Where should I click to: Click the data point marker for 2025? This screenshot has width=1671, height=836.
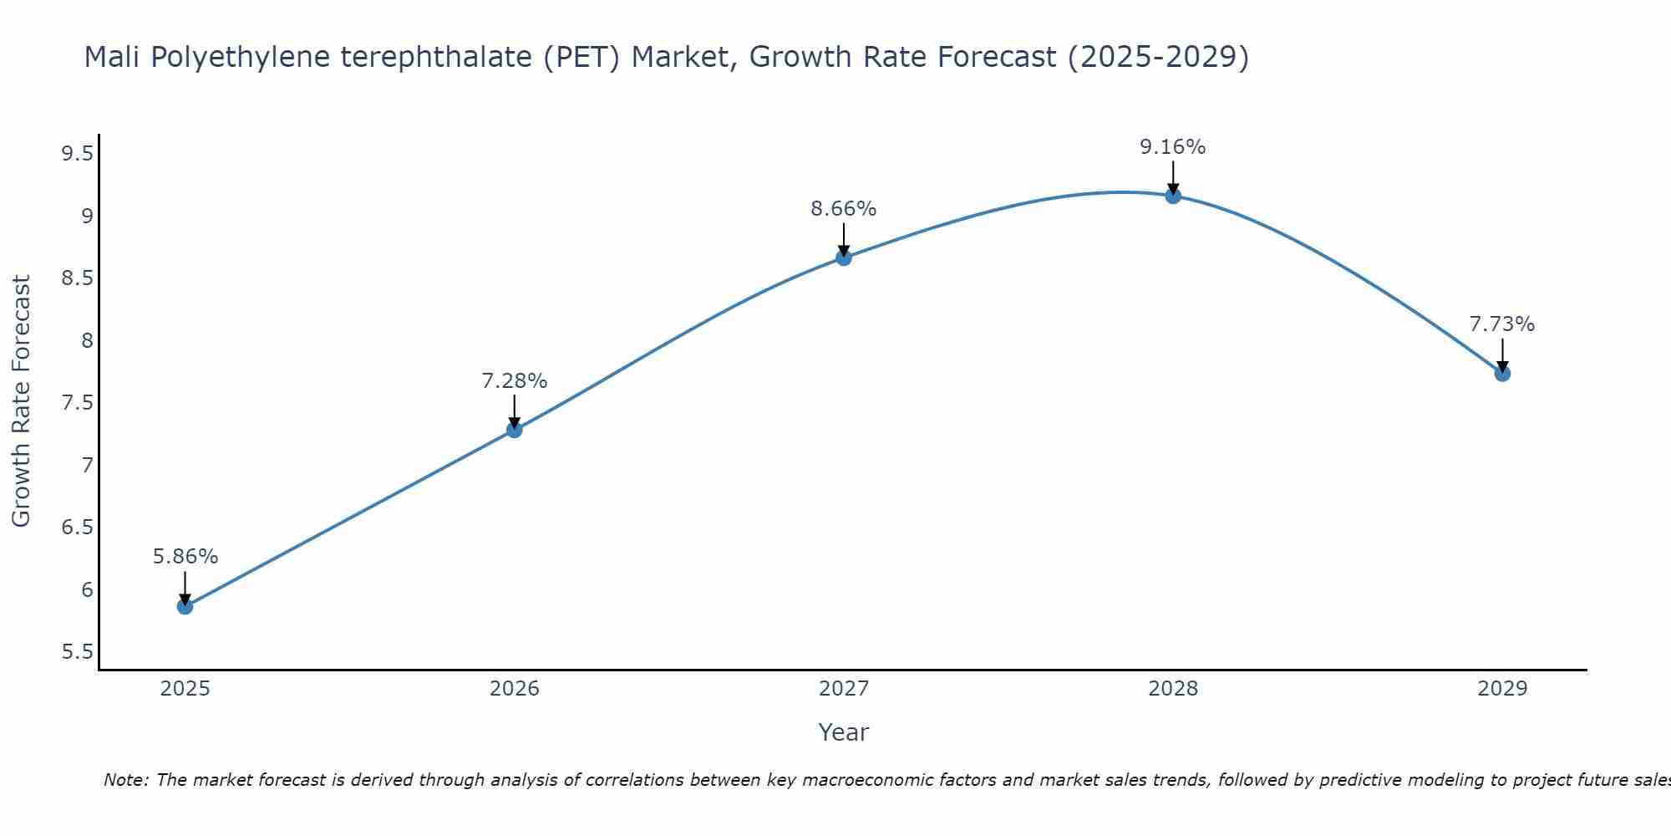tap(185, 606)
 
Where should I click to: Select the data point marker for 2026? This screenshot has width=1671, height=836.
tap(514, 430)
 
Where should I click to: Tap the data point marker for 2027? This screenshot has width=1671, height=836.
tap(843, 257)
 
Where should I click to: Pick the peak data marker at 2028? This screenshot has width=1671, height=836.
tap(1172, 196)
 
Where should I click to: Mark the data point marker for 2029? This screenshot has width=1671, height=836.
tap(1501, 373)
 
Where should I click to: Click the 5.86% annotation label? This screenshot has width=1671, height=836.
tap(185, 557)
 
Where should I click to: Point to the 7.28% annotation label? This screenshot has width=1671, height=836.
tap(514, 381)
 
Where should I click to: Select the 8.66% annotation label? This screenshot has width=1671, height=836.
tap(843, 209)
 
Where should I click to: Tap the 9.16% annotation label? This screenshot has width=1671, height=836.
tap(1172, 147)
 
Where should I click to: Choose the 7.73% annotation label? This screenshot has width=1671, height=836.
tap(1501, 324)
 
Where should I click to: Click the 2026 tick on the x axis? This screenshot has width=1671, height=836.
tap(514, 689)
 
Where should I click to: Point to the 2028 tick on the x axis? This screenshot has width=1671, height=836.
tap(1172, 689)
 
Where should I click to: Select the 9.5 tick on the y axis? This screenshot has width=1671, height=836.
tap(77, 154)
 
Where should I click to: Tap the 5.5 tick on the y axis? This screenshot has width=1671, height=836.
tap(77, 652)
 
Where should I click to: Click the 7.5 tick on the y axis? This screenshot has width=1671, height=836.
tap(77, 403)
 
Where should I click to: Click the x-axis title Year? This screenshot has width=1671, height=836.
tap(843, 732)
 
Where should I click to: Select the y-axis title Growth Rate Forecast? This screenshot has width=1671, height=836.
tap(21, 401)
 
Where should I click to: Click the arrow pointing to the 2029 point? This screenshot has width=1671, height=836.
tap(1501, 355)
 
